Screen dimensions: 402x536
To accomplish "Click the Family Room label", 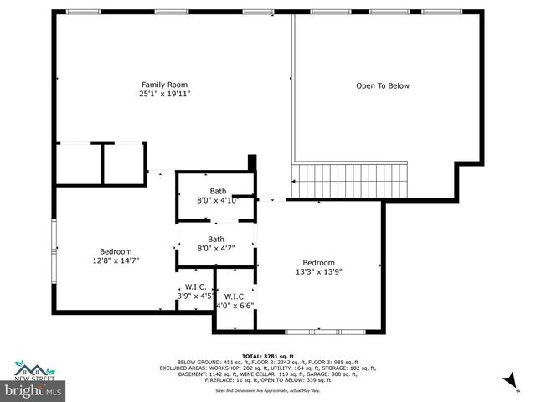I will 164,84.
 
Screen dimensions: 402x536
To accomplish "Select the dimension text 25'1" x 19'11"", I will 164,94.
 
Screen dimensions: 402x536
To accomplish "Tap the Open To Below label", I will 382,85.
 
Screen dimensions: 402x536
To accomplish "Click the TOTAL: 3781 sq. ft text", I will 268,356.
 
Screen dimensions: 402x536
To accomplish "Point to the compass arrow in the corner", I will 508,383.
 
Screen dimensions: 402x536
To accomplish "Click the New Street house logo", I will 33,369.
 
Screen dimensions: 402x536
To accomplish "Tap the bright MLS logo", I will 33,389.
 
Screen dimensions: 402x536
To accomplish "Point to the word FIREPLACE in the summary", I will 220,379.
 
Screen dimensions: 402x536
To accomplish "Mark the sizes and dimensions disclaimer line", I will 268,390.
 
